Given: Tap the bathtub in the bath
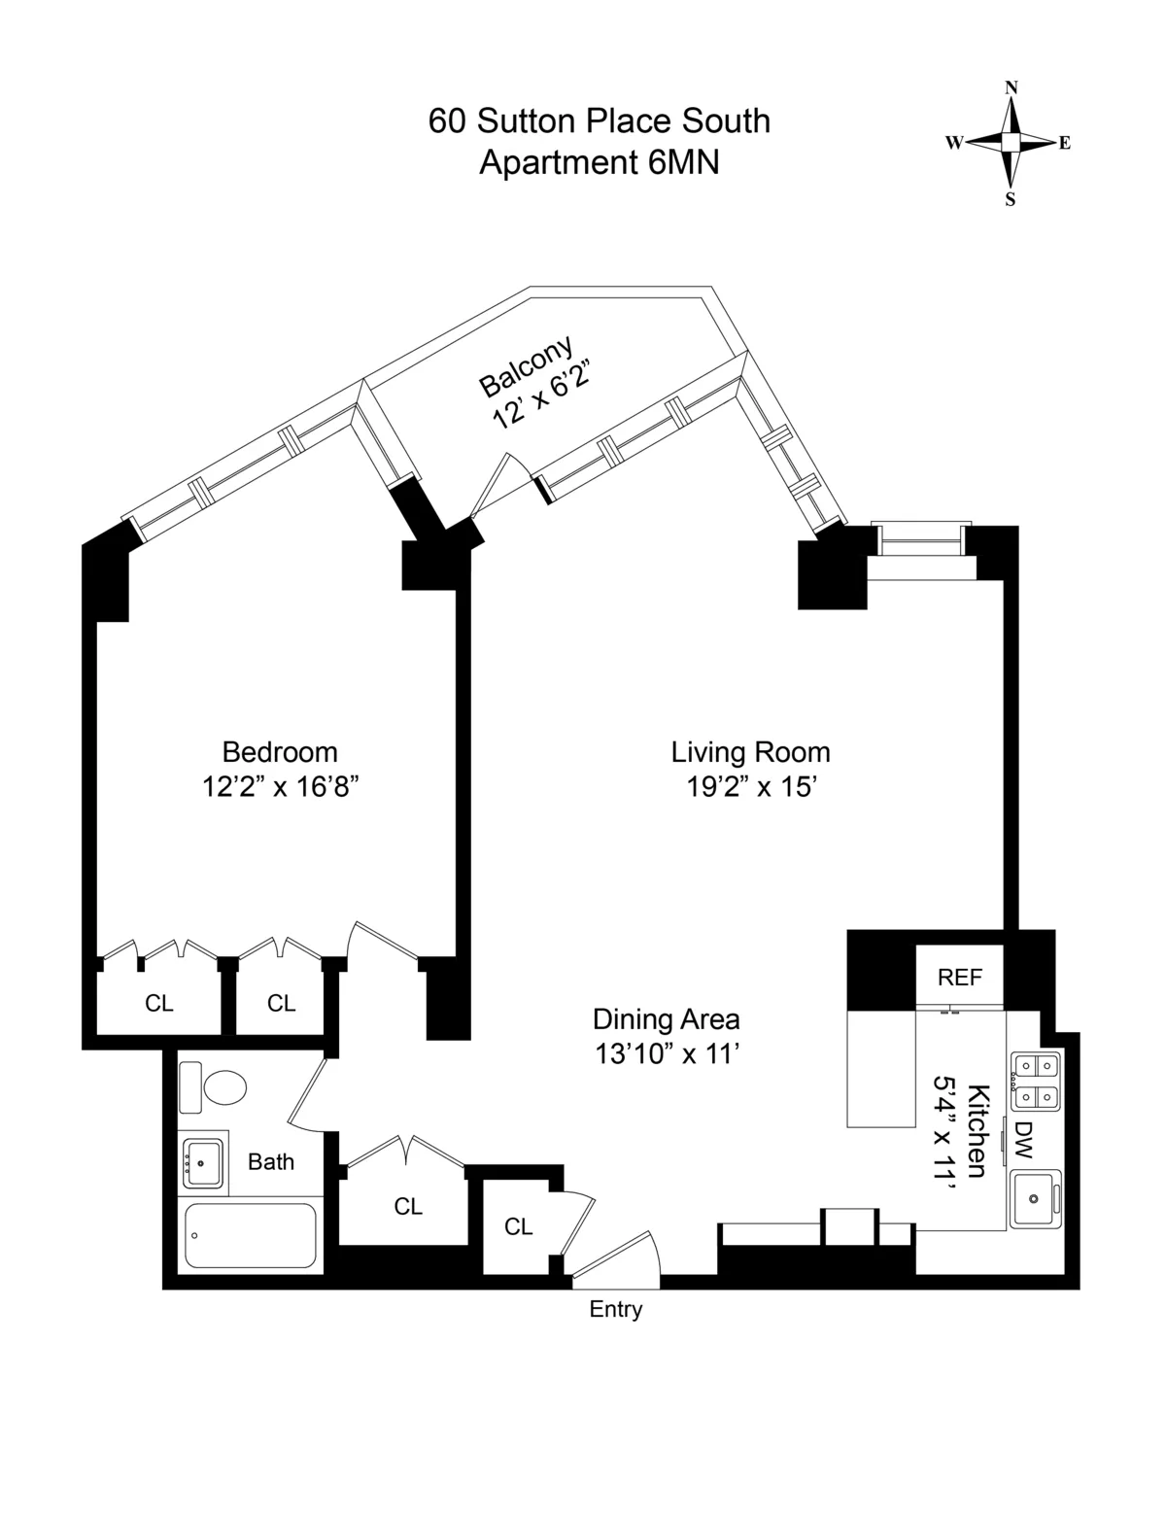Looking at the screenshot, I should [251, 1235].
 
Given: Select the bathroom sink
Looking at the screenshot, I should [203, 1160].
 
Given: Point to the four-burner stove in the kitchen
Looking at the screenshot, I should [1035, 1082].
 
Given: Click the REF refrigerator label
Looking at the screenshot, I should [960, 978].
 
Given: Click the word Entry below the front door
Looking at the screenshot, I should [616, 1310].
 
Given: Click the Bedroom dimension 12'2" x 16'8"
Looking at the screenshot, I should [281, 786].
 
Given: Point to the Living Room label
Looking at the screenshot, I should [750, 751].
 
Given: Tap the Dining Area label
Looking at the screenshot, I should [666, 1019].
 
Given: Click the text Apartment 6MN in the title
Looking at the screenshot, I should [600, 162].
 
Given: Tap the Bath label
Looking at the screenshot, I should [271, 1161].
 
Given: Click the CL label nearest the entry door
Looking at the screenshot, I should [519, 1227].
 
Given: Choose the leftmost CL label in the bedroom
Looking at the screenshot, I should [159, 1003].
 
